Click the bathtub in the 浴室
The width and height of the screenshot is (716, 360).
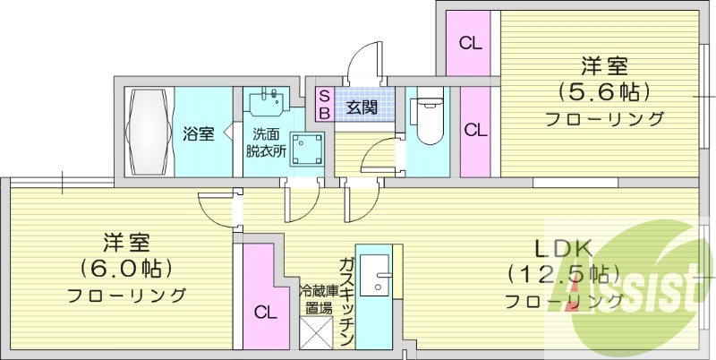point(150,132)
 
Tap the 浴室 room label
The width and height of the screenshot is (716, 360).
point(199,134)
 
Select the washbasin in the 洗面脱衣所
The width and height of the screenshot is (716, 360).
point(267,101)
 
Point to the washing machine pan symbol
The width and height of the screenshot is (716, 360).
point(306,150)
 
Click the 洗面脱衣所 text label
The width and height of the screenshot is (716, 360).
point(266,143)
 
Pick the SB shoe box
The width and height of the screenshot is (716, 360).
point(324,104)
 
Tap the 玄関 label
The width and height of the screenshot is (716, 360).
point(362,108)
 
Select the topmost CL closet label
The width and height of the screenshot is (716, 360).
point(471,43)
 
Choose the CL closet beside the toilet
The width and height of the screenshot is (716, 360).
point(475,131)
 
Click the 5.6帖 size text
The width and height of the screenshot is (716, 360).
point(603,93)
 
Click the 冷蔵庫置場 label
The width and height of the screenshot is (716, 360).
point(316,299)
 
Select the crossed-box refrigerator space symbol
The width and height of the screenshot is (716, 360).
point(318,333)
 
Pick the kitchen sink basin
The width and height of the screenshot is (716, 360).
point(374,275)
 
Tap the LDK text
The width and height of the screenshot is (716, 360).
point(564,250)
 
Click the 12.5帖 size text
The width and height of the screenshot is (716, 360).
point(565,275)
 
